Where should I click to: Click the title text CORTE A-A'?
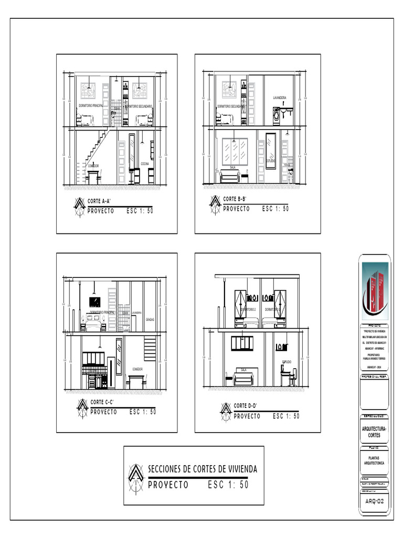coord(99,200)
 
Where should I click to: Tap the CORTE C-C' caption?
coord(102,402)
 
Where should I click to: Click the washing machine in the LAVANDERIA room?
coord(276,116)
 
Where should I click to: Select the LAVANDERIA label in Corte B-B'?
coord(280,98)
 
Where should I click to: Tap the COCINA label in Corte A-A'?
coord(144,164)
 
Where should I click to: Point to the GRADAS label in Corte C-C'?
coord(150,319)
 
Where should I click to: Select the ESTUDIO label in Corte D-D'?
coord(287,362)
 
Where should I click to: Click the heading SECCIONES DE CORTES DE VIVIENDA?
coord(203,469)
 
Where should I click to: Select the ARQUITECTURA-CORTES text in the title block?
coord(375,432)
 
